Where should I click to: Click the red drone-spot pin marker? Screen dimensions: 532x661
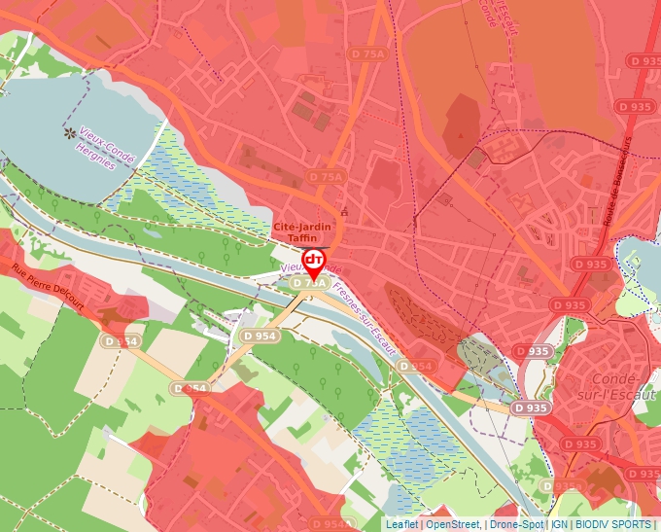click(x=314, y=261)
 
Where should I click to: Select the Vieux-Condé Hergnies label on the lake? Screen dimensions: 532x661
click(x=113, y=149)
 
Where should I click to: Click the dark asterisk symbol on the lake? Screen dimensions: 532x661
click(x=69, y=132)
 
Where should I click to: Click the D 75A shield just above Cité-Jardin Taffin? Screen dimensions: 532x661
click(x=326, y=177)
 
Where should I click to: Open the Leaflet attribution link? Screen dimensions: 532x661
click(x=402, y=524)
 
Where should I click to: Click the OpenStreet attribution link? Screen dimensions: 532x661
click(x=452, y=524)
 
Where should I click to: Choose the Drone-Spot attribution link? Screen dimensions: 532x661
click(x=516, y=524)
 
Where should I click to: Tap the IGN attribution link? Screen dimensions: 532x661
click(x=559, y=524)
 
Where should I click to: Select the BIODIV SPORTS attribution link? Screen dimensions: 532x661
click(x=613, y=524)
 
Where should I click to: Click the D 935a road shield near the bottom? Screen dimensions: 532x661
click(x=562, y=486)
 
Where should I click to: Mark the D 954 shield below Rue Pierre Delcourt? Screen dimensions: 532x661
click(x=121, y=341)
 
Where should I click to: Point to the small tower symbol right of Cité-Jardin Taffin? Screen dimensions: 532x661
click(x=344, y=211)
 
